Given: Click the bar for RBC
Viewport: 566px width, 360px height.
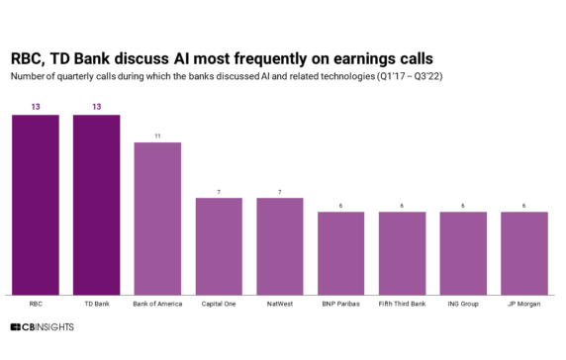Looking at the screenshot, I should pyautogui.click(x=35, y=205).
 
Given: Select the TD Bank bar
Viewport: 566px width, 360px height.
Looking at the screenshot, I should pyautogui.click(x=96, y=205).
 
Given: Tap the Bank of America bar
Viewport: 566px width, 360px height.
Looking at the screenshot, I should pyautogui.click(x=157, y=219).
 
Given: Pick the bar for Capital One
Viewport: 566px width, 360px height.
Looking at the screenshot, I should pyautogui.click(x=219, y=246).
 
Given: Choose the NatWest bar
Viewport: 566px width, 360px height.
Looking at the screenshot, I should pyautogui.click(x=280, y=246).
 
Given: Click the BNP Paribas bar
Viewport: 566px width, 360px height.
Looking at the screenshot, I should pyautogui.click(x=341, y=253).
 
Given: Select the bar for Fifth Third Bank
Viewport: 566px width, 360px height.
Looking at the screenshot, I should pyautogui.click(x=402, y=253).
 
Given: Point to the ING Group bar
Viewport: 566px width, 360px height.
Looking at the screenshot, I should pyautogui.click(x=463, y=253).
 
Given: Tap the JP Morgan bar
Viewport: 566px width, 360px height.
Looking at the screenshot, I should pyautogui.click(x=524, y=253).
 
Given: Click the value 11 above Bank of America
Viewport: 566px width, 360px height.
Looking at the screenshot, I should pyautogui.click(x=157, y=135).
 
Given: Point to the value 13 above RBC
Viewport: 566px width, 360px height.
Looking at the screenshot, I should pyautogui.click(x=35, y=108).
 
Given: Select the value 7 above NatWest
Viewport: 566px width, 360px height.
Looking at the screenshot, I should pyautogui.click(x=280, y=191).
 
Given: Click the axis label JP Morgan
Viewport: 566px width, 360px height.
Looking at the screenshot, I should pyautogui.click(x=524, y=303).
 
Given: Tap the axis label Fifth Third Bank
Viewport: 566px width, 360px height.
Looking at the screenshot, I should pyautogui.click(x=402, y=303).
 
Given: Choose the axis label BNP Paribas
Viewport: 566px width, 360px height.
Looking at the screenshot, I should pyautogui.click(x=341, y=303).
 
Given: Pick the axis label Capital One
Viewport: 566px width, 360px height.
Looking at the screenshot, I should pyautogui.click(x=219, y=303).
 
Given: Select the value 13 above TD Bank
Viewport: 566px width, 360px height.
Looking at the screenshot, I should pyautogui.click(x=96, y=108).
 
